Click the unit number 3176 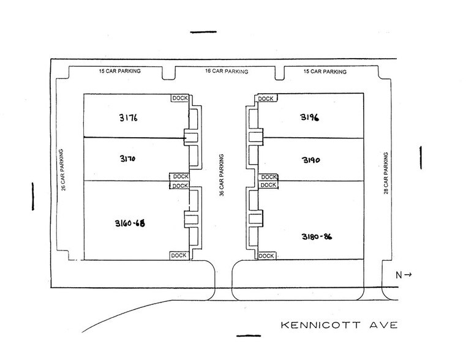pyautogui.click(x=129, y=116)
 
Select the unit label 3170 pyautogui.click(x=128, y=159)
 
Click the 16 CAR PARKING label pyautogui.click(x=226, y=72)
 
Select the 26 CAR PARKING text pyautogui.click(x=63, y=168)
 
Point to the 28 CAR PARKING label pyautogui.click(x=385, y=171)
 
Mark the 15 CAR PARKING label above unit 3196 pyautogui.click(x=325, y=72)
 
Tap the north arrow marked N pyautogui.click(x=403, y=275)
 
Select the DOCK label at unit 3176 pyautogui.click(x=179, y=98)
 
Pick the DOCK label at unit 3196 pyautogui.click(x=266, y=99)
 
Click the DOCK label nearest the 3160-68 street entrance pyautogui.click(x=178, y=255)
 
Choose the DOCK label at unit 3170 pyautogui.click(x=179, y=177)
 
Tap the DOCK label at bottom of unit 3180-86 pyautogui.click(x=266, y=256)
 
